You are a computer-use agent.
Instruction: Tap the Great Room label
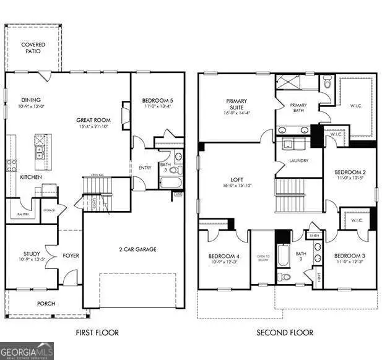point(93,120)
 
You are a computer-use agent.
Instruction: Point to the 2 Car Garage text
point(137,249)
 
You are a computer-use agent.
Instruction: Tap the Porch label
point(46,303)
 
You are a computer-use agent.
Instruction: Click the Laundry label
point(298,161)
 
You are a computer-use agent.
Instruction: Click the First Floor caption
point(97,333)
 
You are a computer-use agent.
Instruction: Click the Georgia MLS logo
point(27,349)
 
